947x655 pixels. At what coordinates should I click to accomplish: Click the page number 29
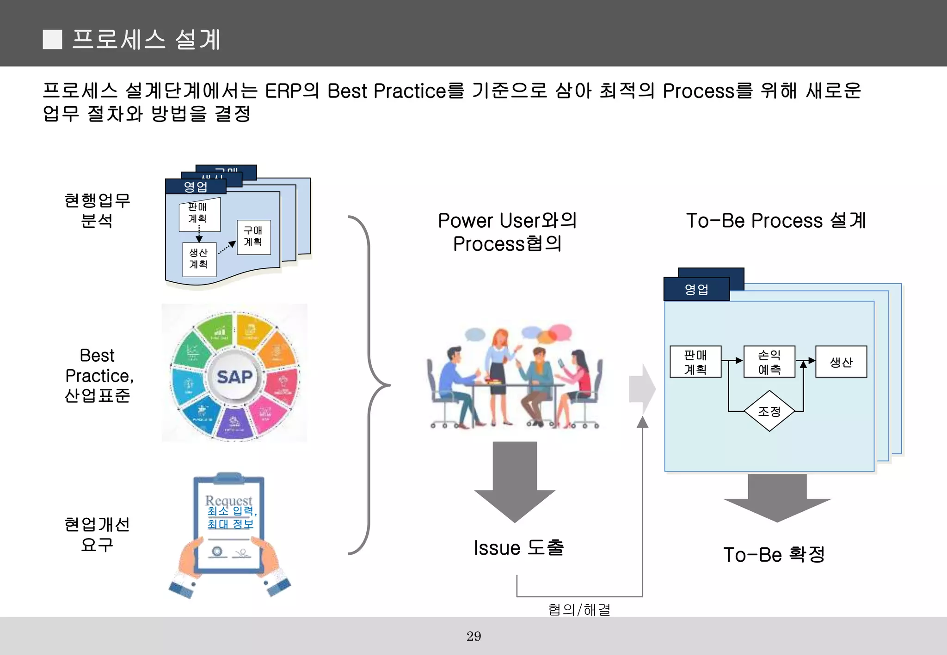tap(473, 636)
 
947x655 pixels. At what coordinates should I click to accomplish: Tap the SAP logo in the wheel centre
tap(235, 377)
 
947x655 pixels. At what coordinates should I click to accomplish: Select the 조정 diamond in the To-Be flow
tap(769, 411)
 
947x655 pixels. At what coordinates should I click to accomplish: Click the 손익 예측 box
tap(769, 362)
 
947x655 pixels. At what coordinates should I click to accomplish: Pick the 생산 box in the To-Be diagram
tap(841, 362)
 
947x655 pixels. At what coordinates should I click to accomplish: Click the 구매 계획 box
tap(253, 237)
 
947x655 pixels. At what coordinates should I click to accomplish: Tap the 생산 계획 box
tap(199, 259)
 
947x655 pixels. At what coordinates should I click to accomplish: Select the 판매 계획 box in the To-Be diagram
tap(695, 362)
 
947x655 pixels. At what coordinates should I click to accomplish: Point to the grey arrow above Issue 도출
tap(515, 480)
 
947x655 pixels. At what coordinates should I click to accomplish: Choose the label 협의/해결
tap(579, 609)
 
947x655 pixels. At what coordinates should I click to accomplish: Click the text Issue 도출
tap(518, 548)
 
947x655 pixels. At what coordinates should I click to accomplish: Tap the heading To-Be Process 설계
tap(776, 221)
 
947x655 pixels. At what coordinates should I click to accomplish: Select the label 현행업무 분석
tap(97, 210)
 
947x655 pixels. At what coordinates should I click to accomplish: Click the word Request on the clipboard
tap(228, 500)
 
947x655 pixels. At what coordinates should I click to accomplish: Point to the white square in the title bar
tap(52, 40)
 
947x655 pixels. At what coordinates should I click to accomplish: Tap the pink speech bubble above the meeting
tap(560, 331)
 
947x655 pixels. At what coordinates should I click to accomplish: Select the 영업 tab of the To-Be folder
tap(696, 289)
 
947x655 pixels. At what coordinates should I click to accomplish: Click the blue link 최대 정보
tap(230, 524)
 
